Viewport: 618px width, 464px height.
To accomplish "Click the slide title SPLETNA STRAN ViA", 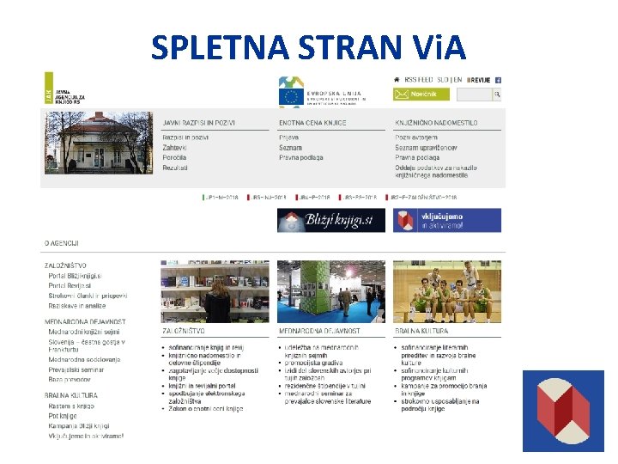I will coord(308,47).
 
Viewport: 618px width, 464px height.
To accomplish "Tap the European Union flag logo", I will coord(290,94).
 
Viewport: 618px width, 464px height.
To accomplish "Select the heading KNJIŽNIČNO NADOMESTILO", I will coord(436,124).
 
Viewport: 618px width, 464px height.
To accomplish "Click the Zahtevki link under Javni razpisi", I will coord(175,148).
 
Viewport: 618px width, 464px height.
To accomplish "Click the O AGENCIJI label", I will coord(62,245).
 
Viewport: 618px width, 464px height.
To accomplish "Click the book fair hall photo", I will coord(331,292).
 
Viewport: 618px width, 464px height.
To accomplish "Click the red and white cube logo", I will coord(564,411).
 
